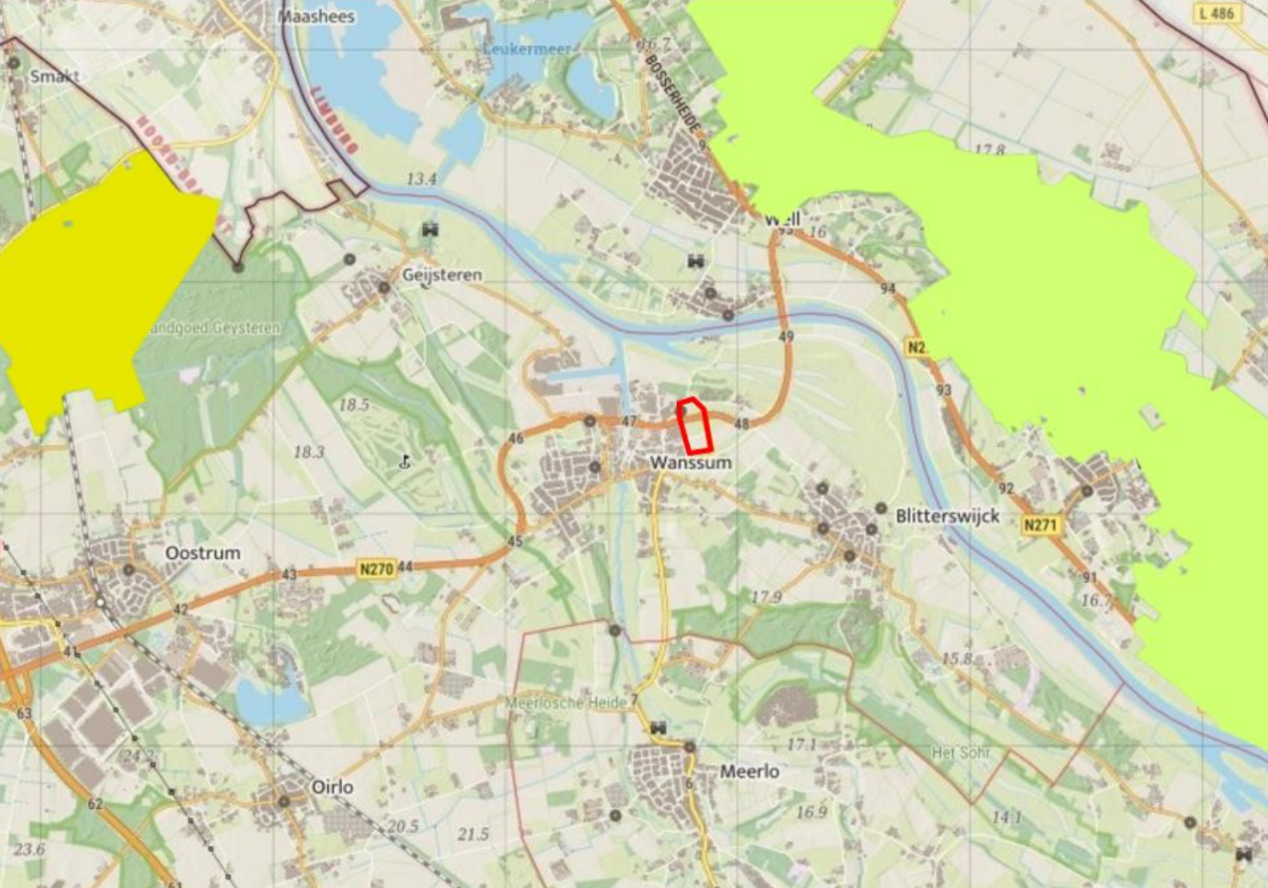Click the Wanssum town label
[690, 463]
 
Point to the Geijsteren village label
[442, 274]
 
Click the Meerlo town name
[750, 771]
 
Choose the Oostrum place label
[202, 552]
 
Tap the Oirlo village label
[332, 787]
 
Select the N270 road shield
[376, 569]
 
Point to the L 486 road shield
[1216, 13]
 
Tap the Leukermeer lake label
[517, 48]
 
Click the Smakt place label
[54, 76]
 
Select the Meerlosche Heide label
[574, 702]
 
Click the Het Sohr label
[961, 751]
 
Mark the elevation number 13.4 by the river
[422, 179]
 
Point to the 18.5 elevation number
[354, 405]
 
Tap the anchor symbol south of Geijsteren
[405, 461]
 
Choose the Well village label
[784, 218]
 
